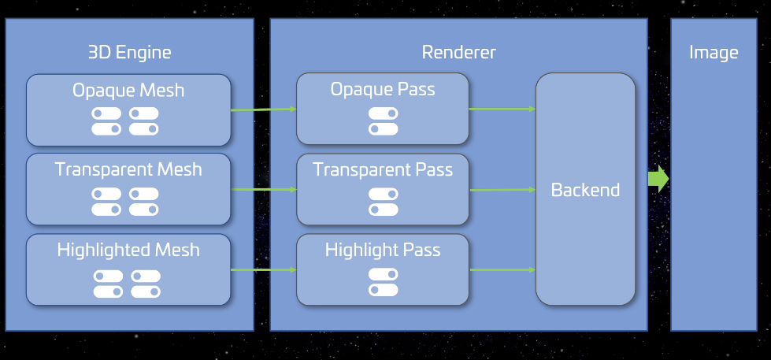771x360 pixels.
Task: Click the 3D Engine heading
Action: [129, 53]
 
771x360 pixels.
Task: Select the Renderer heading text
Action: [458, 53]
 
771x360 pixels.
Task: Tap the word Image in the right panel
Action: [713, 53]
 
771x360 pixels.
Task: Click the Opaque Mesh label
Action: [128, 91]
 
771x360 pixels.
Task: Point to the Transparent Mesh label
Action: [128, 169]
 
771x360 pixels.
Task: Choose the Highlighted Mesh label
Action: [128, 251]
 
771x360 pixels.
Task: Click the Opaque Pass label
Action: [383, 89]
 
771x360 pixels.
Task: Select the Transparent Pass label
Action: [383, 169]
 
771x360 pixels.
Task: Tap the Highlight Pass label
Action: [383, 251]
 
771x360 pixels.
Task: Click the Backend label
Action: [585, 190]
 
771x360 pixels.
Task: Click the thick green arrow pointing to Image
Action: [658, 179]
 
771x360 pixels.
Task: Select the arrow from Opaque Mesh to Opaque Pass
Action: [263, 109]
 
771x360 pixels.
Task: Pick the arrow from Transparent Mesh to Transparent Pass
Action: [263, 189]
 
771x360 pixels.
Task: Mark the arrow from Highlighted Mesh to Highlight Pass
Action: [263, 270]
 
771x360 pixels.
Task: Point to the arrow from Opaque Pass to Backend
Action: [502, 109]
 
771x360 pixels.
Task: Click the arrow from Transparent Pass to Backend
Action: [502, 189]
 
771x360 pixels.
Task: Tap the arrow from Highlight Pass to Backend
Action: [502, 270]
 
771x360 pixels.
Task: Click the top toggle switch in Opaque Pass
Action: [383, 113]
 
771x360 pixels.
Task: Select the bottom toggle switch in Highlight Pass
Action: [383, 290]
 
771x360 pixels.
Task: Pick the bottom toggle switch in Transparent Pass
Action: [383, 210]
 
